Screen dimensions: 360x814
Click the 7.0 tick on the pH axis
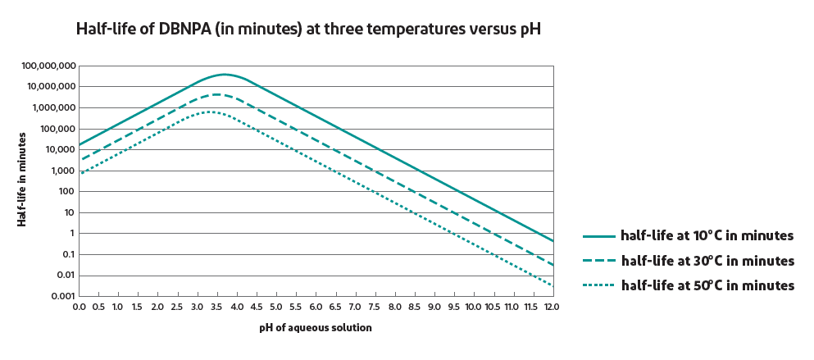[x=354, y=307]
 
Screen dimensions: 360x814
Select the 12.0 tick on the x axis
[x=551, y=307]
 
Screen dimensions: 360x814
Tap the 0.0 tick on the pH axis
[x=80, y=307]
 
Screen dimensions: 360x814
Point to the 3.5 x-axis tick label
[x=216, y=307]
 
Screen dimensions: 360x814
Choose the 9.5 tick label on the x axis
[x=452, y=307]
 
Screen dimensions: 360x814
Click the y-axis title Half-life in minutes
[x=22, y=180]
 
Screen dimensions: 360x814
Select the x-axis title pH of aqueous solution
[x=316, y=327]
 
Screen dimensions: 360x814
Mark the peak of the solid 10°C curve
[x=223, y=75]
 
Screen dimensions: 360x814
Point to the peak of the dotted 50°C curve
[x=209, y=112]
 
